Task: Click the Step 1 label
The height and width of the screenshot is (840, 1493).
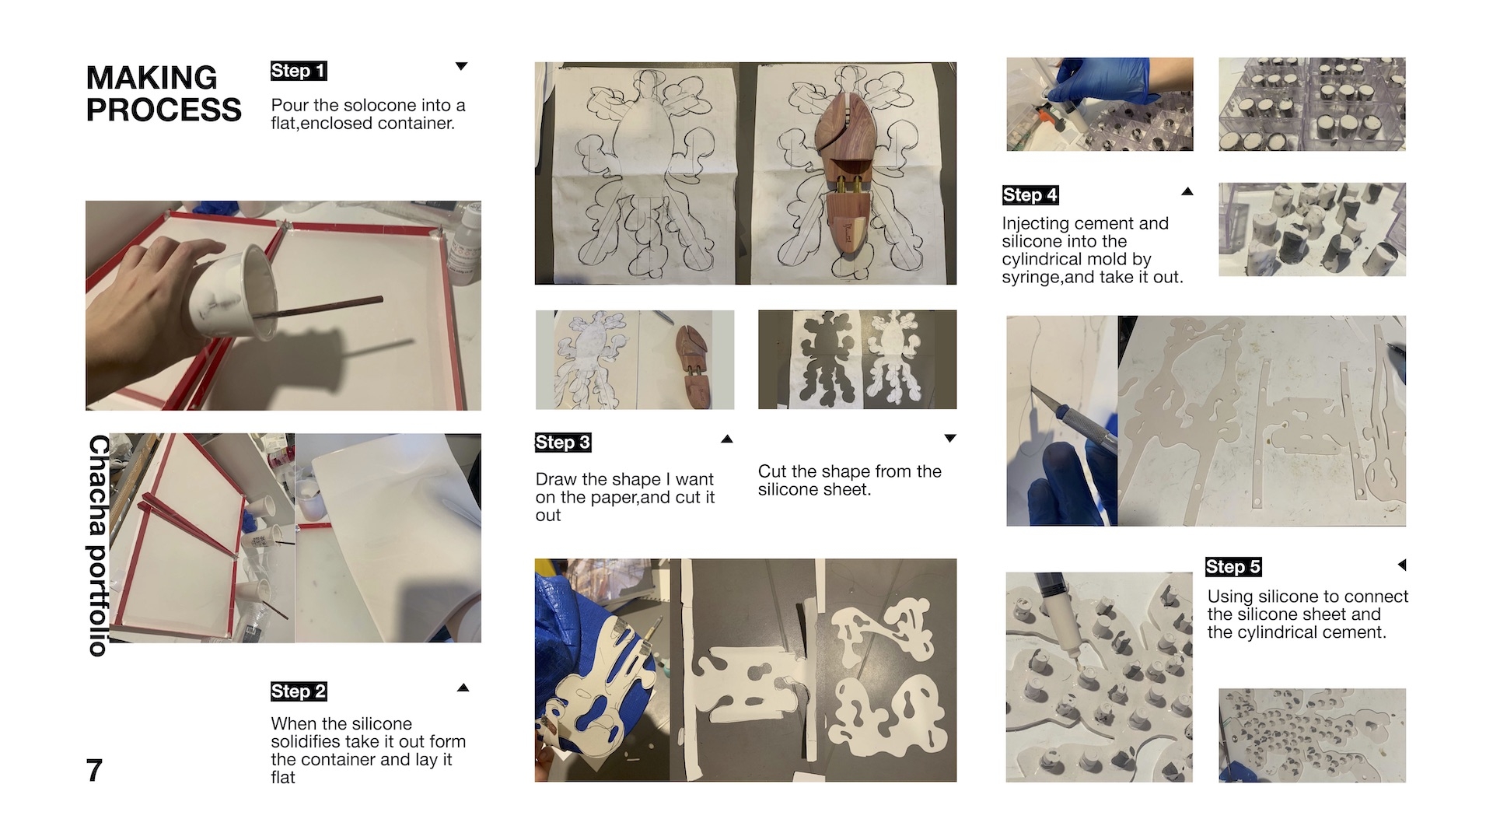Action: point(299,71)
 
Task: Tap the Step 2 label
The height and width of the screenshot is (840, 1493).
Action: point(299,691)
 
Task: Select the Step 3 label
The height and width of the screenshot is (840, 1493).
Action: point(563,443)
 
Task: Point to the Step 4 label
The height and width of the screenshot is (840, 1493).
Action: point(1030,195)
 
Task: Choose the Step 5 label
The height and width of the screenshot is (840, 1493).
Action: point(1233,567)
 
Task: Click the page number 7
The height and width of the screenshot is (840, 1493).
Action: point(94,771)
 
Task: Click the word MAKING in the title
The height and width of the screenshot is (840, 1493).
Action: point(152,78)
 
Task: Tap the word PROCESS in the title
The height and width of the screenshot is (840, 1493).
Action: point(164,110)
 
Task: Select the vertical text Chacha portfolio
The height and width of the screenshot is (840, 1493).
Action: point(98,545)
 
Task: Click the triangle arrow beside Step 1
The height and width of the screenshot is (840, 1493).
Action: point(461,66)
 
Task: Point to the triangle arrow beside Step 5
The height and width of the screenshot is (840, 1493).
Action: point(1402,565)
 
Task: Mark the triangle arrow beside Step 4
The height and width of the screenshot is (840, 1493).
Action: point(1187,191)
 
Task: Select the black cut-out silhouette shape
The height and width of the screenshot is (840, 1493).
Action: point(825,359)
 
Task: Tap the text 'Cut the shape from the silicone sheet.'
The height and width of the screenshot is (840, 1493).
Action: point(850,480)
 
